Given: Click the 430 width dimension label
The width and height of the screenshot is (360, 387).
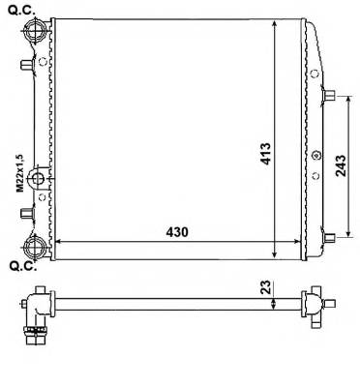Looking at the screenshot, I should click(x=177, y=233).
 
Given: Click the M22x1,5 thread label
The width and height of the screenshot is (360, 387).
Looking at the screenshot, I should click(x=18, y=173).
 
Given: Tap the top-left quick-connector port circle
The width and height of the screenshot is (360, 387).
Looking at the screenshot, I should click(x=36, y=32).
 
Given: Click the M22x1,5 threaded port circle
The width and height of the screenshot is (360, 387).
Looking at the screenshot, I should click(x=38, y=178).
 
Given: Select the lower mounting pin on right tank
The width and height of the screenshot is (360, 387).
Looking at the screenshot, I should click(x=329, y=234).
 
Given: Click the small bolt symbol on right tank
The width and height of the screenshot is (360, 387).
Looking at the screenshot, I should click(x=315, y=153).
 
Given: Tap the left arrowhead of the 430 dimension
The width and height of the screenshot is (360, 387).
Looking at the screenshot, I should click(x=55, y=242).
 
